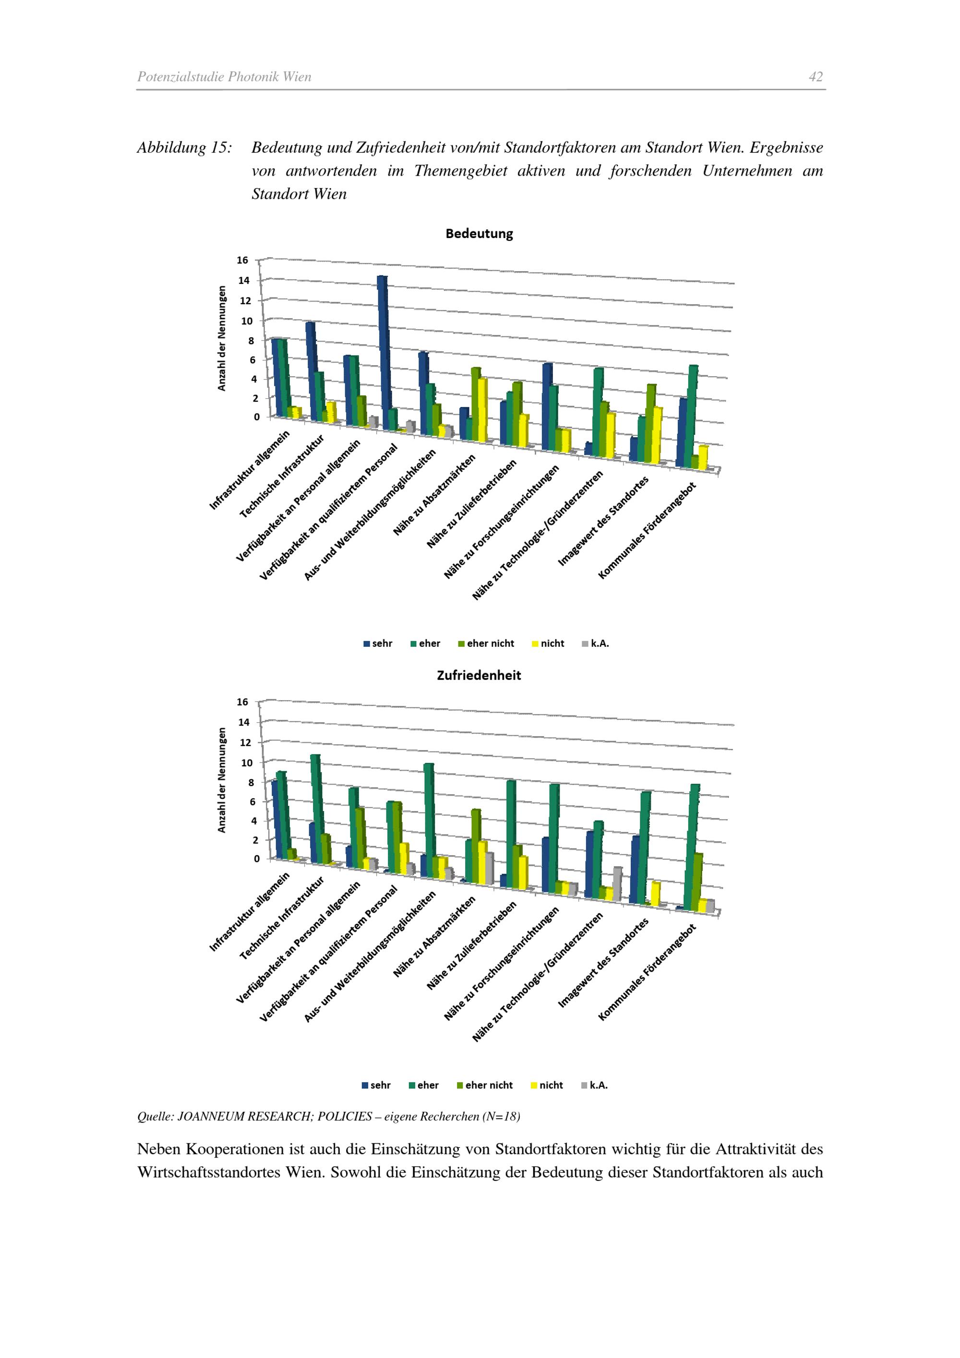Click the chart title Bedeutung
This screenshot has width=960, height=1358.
479,234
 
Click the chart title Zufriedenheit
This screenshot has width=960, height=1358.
479,676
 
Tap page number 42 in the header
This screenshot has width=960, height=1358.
816,77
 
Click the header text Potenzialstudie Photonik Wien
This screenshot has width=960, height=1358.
224,77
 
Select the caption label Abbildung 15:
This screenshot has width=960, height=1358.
184,148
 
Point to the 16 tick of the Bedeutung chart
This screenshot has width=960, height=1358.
242,260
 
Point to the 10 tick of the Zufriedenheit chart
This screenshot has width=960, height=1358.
246,762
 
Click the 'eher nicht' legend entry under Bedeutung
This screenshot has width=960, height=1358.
486,643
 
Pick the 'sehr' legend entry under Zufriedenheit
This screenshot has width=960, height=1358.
376,1085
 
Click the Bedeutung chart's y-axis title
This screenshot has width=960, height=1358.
222,338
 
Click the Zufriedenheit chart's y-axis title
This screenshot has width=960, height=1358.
222,780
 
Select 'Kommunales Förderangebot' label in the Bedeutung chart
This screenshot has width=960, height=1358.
647,531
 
